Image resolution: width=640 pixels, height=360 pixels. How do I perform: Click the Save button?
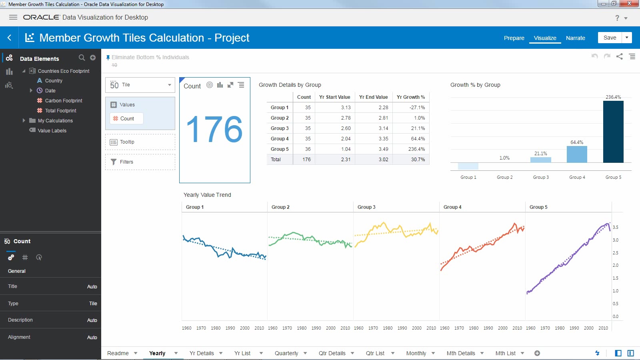[x=610, y=38]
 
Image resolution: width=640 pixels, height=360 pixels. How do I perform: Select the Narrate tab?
[x=575, y=38]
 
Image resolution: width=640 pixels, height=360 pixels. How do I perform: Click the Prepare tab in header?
[x=514, y=38]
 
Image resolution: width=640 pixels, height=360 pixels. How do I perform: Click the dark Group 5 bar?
[x=613, y=132]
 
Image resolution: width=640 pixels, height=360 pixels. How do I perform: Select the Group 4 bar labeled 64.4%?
[x=577, y=154]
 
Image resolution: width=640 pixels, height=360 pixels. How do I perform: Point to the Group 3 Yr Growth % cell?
[x=411, y=128]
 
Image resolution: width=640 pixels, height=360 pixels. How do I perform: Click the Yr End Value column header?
[x=373, y=97]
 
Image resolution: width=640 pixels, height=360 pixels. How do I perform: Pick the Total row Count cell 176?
[x=306, y=160]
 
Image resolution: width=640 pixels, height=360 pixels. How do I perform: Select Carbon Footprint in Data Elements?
[x=63, y=101]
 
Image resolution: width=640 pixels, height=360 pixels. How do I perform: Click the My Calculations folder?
[x=55, y=121]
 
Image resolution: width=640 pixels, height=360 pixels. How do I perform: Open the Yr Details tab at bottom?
[x=202, y=353]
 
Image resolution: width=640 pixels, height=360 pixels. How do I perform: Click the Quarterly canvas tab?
[x=286, y=353]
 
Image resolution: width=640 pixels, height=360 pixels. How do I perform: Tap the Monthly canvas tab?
[x=416, y=353]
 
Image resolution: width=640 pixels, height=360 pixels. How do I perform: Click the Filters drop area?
[x=140, y=162]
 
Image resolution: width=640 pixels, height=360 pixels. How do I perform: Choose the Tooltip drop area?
[x=140, y=142]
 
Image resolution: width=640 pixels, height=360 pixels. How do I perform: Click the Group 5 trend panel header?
[x=538, y=207]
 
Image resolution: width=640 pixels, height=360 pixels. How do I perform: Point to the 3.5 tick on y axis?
[x=616, y=227]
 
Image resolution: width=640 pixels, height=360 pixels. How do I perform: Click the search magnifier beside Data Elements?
[x=82, y=58]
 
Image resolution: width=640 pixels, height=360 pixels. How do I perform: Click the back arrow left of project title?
[x=9, y=38]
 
